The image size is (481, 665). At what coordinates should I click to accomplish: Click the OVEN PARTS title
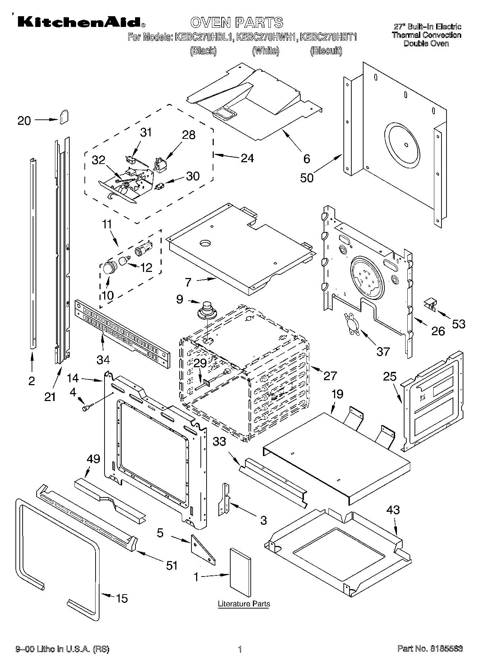coord(236,22)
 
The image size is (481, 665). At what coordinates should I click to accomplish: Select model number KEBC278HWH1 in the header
coord(266,37)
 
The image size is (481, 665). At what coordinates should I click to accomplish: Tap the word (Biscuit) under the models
coord(326,51)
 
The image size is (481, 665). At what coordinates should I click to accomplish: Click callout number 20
coord(24,120)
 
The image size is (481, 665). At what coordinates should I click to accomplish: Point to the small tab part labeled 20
coord(64,117)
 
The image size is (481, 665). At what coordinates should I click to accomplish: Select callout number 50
coord(307,178)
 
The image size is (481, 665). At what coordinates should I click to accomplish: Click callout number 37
coord(383,351)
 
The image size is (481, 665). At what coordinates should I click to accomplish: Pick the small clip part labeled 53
coord(430,304)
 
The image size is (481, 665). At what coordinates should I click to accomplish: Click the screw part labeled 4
coord(87,408)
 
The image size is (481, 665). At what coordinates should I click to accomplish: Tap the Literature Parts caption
coord(244,603)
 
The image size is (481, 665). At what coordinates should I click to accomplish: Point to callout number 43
coord(393,509)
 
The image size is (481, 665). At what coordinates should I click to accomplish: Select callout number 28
coord(189,135)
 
